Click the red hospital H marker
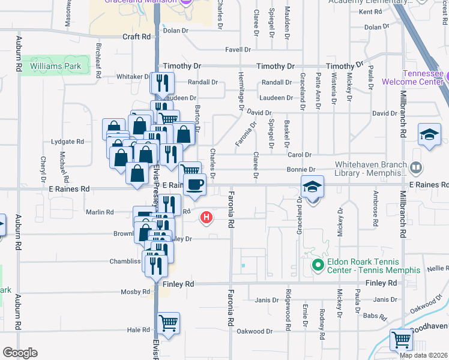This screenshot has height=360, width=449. [207, 217]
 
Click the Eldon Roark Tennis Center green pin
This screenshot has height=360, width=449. [317, 264]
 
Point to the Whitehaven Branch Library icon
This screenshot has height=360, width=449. [416, 167]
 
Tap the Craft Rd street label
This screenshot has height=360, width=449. [136, 37]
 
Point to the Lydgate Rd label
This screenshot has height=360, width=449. [68, 142]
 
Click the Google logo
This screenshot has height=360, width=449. [20, 353]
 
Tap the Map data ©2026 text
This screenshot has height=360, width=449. [423, 355]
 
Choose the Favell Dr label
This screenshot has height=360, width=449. [238, 50]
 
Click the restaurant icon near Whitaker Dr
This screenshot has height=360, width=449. [161, 82]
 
